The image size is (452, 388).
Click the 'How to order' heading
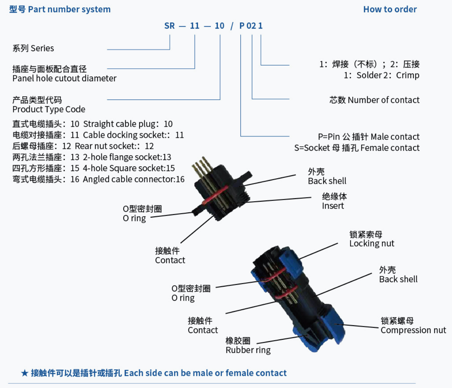[x=390, y=9]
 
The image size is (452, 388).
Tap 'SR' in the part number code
[x=169, y=26]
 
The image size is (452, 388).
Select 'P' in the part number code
[x=242, y=26]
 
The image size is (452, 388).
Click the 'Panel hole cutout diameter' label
[x=64, y=78]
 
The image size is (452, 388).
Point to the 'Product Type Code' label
[x=49, y=110]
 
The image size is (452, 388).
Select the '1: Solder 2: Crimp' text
[x=381, y=75]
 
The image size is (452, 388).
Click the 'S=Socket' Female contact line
[x=357, y=148]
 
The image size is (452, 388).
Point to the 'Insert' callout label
[x=333, y=206]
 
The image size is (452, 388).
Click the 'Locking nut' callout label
[x=371, y=244]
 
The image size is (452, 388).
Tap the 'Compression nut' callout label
[x=413, y=330]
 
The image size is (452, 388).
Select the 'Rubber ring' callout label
[x=248, y=350]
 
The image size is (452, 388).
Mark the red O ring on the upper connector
[x=214, y=195]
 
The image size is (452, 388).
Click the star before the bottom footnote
[x=24, y=373]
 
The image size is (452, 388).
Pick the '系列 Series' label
[x=33, y=48]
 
